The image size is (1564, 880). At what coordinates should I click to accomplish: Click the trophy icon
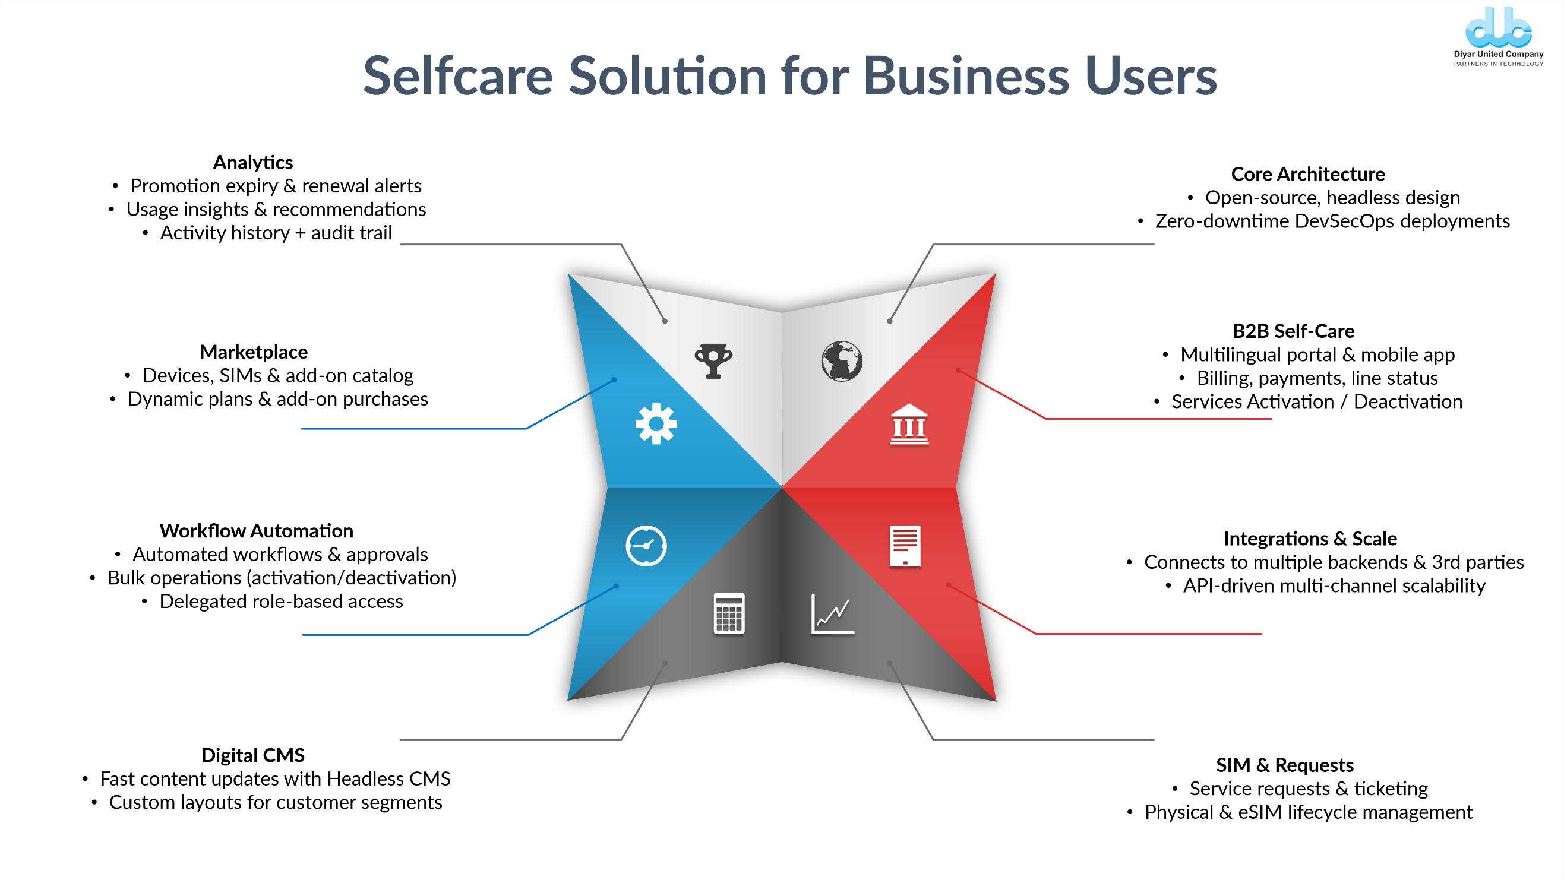(x=713, y=360)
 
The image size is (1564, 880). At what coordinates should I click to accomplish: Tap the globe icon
(x=842, y=360)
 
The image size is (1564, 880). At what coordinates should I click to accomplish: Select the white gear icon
(x=656, y=423)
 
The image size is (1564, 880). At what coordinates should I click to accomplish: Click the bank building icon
(x=909, y=424)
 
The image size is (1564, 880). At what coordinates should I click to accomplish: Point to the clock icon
(x=646, y=546)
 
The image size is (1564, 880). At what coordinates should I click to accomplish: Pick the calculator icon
(x=729, y=613)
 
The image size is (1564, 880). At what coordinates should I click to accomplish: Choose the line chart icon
(x=832, y=613)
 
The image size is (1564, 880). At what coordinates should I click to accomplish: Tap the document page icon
(x=905, y=546)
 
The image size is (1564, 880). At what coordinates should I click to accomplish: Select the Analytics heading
(x=252, y=163)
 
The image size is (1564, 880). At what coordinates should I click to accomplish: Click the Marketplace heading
(x=254, y=352)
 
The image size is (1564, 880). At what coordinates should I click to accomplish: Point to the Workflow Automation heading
(x=256, y=531)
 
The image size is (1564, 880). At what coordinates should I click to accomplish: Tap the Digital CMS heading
(x=252, y=755)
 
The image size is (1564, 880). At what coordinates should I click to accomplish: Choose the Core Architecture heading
(x=1308, y=174)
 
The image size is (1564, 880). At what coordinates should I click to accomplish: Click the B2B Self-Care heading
(x=1293, y=331)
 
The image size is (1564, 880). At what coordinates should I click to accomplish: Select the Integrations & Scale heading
(x=1310, y=539)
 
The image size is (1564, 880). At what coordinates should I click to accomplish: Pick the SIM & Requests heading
(x=1285, y=765)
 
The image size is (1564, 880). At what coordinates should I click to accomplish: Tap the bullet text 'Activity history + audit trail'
(x=276, y=233)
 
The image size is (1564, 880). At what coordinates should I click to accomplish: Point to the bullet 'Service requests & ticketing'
(x=1309, y=789)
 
